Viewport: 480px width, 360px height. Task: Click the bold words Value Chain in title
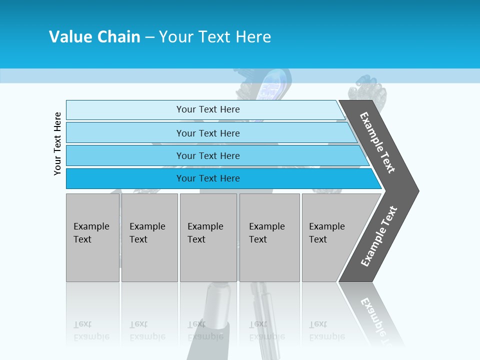tap(94, 36)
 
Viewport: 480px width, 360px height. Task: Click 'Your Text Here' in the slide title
tap(215, 36)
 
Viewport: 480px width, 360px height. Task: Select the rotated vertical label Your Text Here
tap(58, 143)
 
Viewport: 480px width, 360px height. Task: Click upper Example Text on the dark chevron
tap(377, 142)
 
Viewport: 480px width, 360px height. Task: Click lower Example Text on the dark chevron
tap(379, 236)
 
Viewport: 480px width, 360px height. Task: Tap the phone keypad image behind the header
tap(272, 87)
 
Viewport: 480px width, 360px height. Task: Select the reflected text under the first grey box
tap(91, 330)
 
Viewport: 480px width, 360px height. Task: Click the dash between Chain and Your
tap(149, 37)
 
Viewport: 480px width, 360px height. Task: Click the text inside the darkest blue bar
tap(208, 178)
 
